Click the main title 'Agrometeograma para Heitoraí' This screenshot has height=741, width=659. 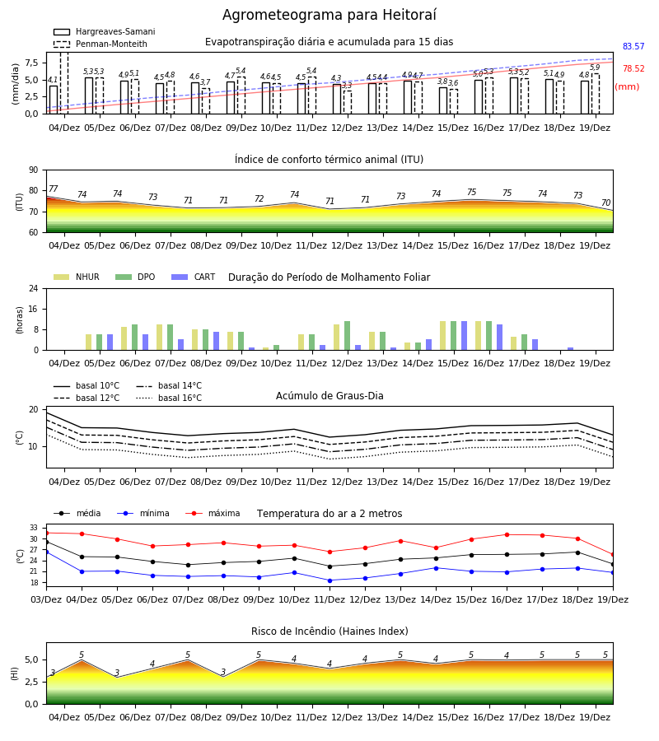pyautogui.click(x=329, y=15)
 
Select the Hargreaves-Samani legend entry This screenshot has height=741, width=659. pyautogui.click(x=105, y=31)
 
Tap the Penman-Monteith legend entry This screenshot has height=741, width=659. pyautogui.click(x=100, y=44)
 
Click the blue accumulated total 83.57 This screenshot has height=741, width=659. pyautogui.click(x=633, y=46)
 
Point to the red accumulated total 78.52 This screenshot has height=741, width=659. pyautogui.click(x=633, y=68)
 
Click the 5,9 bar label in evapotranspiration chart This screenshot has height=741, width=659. pyautogui.click(x=595, y=68)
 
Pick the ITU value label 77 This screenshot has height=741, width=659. pyautogui.click(x=53, y=189)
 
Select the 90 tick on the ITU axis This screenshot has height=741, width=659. pyautogui.click(x=34, y=170)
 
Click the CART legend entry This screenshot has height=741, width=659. pyautogui.click(x=194, y=277)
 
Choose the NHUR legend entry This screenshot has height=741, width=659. pyautogui.click(x=77, y=277)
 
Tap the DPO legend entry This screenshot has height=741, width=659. pyautogui.click(x=135, y=277)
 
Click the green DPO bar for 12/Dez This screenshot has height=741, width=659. pyautogui.click(x=347, y=336)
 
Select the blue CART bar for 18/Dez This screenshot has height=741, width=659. pyautogui.click(x=571, y=349)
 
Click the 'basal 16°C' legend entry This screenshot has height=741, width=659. pyautogui.click(x=169, y=398)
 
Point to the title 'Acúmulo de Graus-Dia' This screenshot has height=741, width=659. pyautogui.click(x=329, y=395)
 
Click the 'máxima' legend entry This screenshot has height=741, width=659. pyautogui.click(x=213, y=513)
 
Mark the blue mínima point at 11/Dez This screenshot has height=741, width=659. pyautogui.click(x=330, y=580)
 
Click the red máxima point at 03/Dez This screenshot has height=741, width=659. pyautogui.click(x=46, y=533)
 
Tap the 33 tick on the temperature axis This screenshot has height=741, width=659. pyautogui.click(x=34, y=528)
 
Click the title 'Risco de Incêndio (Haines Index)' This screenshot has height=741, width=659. pyautogui.click(x=329, y=631)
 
